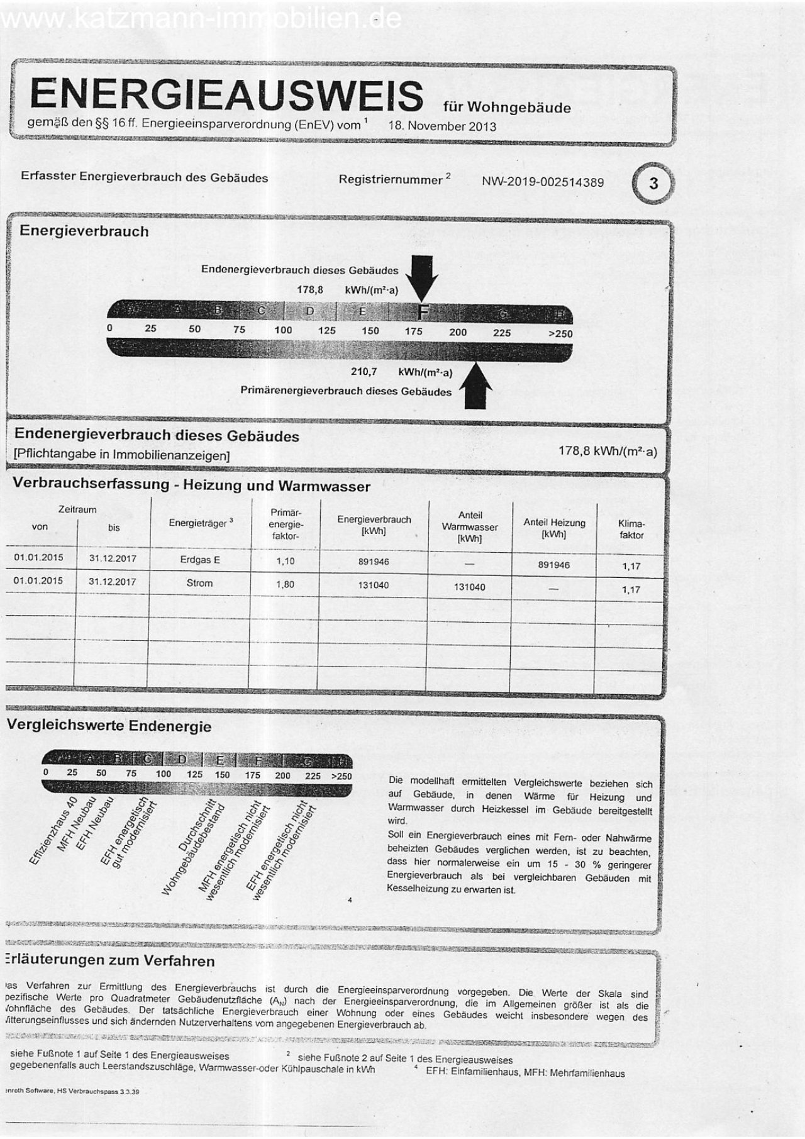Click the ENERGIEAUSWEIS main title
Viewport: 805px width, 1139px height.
tap(226, 94)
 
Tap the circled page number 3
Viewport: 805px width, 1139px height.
tap(653, 184)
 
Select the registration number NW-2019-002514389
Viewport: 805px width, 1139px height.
tap(542, 182)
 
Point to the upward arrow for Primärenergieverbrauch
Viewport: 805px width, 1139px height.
tap(476, 385)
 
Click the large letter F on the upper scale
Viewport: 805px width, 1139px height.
tap(423, 312)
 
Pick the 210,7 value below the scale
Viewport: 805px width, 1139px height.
tap(364, 372)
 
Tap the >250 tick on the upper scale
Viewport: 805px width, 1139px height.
tap(560, 333)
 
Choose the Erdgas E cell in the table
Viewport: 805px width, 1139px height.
tap(199, 560)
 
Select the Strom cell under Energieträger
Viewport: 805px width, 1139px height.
tap(199, 583)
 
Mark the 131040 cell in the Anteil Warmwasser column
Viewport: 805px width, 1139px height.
tap(469, 587)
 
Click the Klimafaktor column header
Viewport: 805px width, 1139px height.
tap(631, 529)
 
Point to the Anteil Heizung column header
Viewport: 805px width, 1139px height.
tap(554, 528)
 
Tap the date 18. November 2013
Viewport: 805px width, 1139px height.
tap(442, 126)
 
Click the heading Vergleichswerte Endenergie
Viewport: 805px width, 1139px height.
tap(109, 726)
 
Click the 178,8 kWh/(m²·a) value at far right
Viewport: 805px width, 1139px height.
tap(607, 451)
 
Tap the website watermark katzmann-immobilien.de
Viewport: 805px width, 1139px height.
tap(201, 19)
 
